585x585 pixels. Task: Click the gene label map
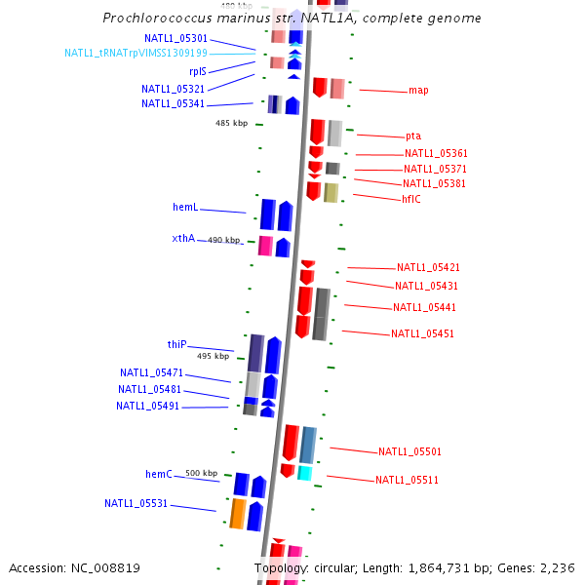point(418,91)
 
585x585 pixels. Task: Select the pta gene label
point(413,136)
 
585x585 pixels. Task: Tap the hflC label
point(411,199)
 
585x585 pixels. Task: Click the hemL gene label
point(185,208)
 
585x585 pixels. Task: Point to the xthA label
point(183,238)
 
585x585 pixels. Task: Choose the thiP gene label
point(176,344)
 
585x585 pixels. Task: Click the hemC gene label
point(159,474)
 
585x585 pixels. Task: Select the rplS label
point(198,71)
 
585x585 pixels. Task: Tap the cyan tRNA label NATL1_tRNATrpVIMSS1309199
point(136,53)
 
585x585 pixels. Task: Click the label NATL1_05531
point(136,503)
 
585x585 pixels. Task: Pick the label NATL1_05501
point(409,451)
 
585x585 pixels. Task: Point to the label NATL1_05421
point(428,267)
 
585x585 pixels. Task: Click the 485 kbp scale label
point(232,124)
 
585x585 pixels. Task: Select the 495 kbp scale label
point(213,357)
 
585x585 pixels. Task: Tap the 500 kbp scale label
point(202,473)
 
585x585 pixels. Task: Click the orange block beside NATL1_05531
point(237,513)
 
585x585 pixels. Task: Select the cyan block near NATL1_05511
point(305,473)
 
